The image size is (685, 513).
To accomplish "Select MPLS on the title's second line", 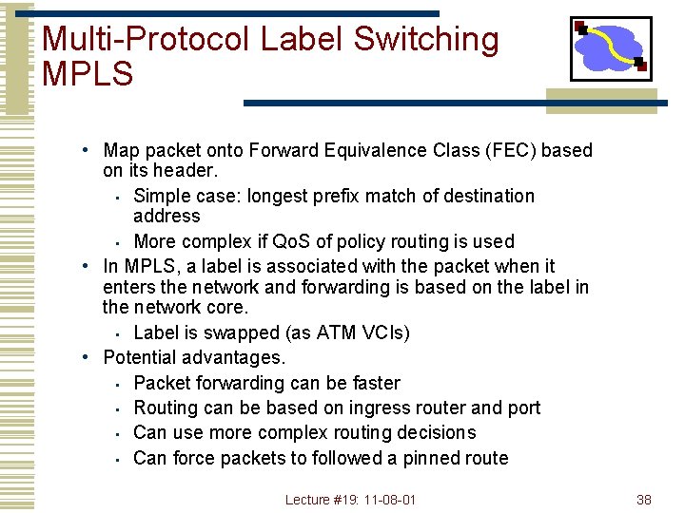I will pos(88,73).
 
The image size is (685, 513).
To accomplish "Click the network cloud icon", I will pos(610,48).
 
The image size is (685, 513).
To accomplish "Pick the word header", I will pos(188,171).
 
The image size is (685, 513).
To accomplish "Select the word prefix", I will pos(352,196).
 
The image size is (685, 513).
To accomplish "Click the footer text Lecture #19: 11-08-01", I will pos(351,499).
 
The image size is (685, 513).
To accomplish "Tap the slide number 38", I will pos(644,499).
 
